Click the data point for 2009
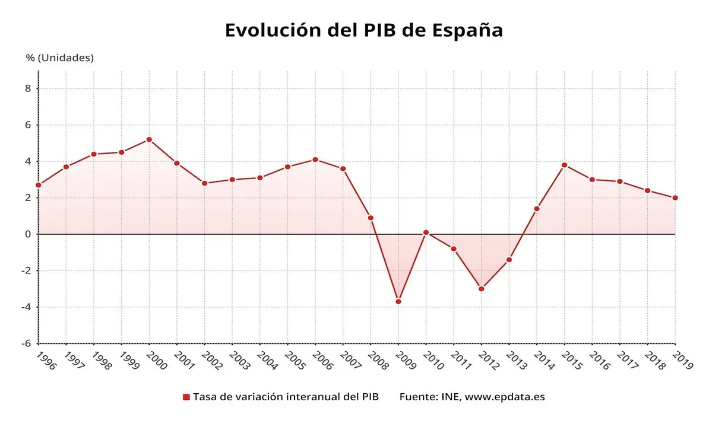point(398,301)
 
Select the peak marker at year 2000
point(149,139)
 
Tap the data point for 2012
point(481,289)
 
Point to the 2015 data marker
point(564,165)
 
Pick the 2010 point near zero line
point(426,232)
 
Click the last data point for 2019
point(675,197)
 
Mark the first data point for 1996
point(39,185)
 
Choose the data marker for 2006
point(315,160)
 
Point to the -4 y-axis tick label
point(26,307)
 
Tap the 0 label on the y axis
point(27,234)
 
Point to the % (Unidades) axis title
point(59,58)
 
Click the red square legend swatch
point(186,397)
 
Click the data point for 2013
point(509,260)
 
